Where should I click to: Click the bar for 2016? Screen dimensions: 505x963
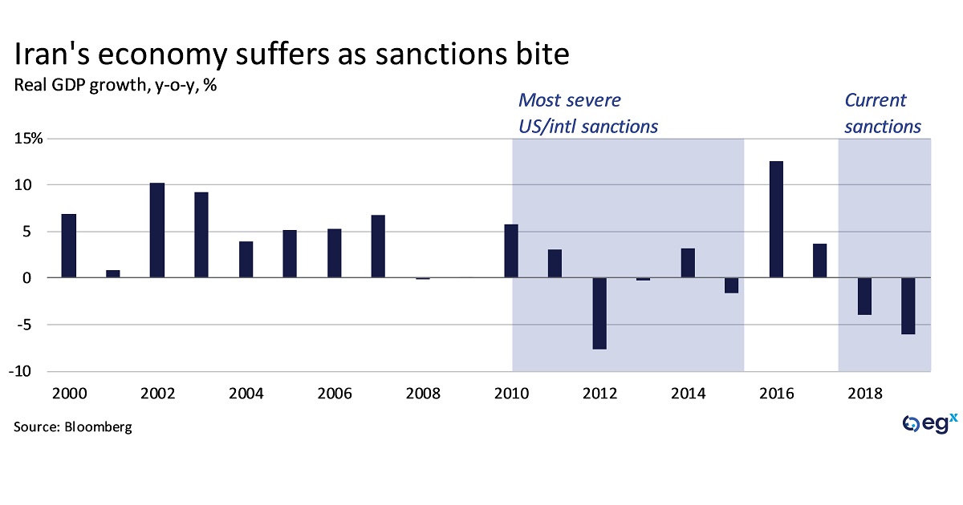tap(776, 220)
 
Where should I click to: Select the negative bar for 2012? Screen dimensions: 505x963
tap(599, 313)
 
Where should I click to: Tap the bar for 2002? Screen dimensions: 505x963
tap(157, 230)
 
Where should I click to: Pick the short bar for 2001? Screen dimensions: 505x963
tap(113, 274)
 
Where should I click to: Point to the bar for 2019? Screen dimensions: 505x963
tap(908, 305)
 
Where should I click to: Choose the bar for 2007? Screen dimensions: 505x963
tap(379, 246)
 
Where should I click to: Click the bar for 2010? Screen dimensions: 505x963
tap(511, 251)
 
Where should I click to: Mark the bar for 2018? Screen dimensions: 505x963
tap(864, 296)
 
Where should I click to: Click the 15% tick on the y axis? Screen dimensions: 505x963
tap(28, 139)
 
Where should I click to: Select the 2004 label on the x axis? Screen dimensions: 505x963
tap(246, 394)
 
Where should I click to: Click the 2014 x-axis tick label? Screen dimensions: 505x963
tap(688, 394)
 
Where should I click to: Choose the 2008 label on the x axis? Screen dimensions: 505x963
tap(423, 394)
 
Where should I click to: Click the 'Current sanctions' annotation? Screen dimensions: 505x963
tap(882, 113)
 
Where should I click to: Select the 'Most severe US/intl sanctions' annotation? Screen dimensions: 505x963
tap(587, 113)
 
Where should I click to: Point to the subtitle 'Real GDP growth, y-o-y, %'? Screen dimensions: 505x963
tap(116, 85)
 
